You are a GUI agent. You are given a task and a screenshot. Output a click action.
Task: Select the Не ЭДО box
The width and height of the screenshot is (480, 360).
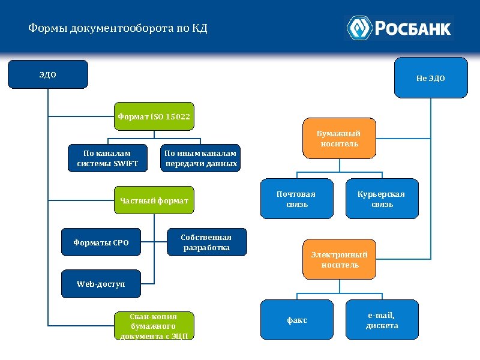point(431,77)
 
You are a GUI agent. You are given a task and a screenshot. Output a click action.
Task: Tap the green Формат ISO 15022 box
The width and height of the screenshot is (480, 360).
point(154,116)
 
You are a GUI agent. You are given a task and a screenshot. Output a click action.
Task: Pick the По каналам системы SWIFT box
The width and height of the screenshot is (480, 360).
point(107,158)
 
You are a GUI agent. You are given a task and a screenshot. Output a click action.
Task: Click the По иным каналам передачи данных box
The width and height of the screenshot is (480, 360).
point(201,158)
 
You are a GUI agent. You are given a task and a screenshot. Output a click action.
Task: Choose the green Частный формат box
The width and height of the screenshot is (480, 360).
point(154,200)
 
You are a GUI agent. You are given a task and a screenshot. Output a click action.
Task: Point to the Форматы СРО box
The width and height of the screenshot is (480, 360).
point(101,242)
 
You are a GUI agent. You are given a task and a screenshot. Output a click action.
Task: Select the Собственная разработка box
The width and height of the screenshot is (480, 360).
point(206,242)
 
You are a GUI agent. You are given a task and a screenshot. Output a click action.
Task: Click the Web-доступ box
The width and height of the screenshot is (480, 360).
point(101,284)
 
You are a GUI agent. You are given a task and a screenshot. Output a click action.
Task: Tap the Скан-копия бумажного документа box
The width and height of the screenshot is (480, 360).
point(154,326)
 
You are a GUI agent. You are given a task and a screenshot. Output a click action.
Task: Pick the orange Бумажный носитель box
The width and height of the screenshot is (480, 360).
point(338,139)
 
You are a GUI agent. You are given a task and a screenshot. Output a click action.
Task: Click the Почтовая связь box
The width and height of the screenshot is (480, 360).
point(296,199)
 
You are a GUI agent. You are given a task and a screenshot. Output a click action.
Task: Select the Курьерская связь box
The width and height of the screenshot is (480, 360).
point(382,199)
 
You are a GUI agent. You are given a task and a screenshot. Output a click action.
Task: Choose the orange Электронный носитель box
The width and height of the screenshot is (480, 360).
point(339,259)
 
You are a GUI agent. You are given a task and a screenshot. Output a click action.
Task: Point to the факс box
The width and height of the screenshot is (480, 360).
point(296,320)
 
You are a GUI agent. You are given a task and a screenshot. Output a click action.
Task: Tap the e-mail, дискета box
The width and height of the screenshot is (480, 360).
point(382,320)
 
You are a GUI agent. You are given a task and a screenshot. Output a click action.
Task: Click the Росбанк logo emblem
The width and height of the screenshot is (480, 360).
point(360,28)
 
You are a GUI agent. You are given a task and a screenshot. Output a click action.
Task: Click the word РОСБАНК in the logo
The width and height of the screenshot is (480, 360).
point(413,28)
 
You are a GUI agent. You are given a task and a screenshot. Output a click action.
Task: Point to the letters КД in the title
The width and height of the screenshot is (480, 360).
point(199,29)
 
